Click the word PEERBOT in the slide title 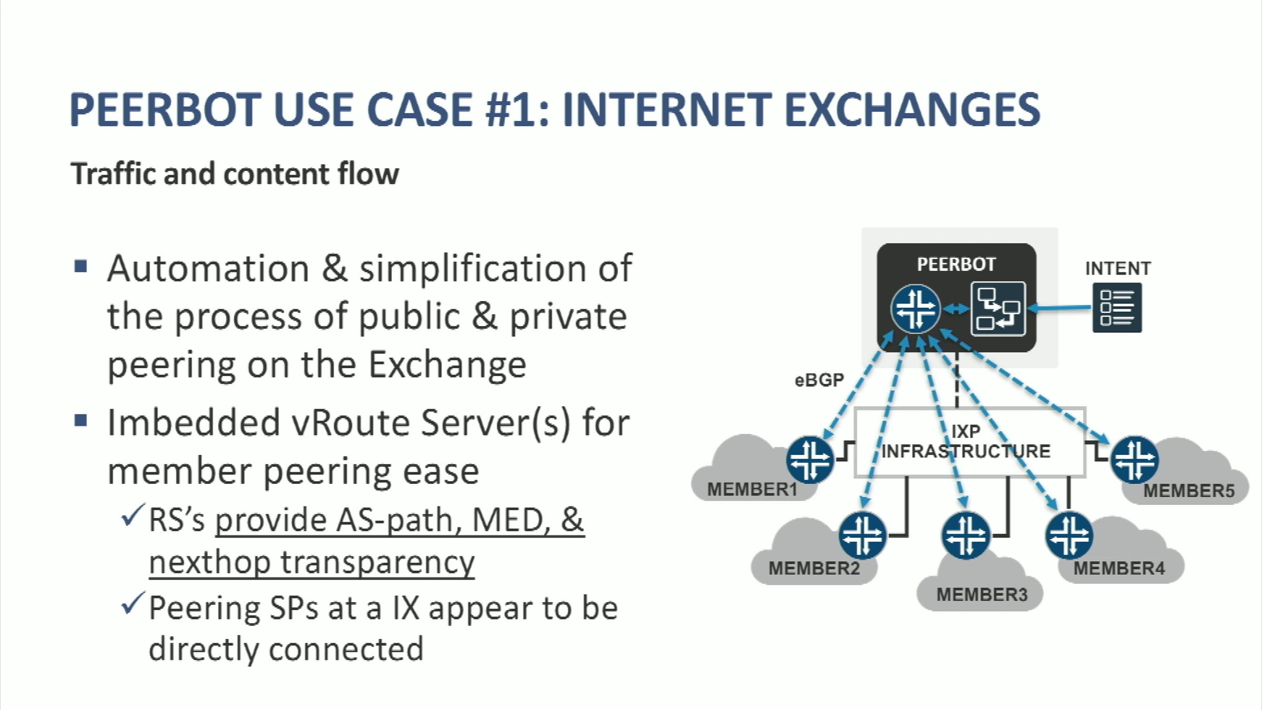165,109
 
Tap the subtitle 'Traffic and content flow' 235,174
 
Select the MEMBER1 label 752,489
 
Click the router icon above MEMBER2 862,535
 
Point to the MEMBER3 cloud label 982,594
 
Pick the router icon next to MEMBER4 1070,535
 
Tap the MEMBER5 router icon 1135,459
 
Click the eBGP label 819,379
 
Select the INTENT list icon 1117,308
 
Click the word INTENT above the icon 1118,268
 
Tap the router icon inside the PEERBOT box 915,309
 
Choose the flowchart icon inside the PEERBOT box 998,309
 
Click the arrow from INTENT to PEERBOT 1059,308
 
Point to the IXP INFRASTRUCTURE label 966,441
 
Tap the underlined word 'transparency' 378,563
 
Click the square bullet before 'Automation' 81,266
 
